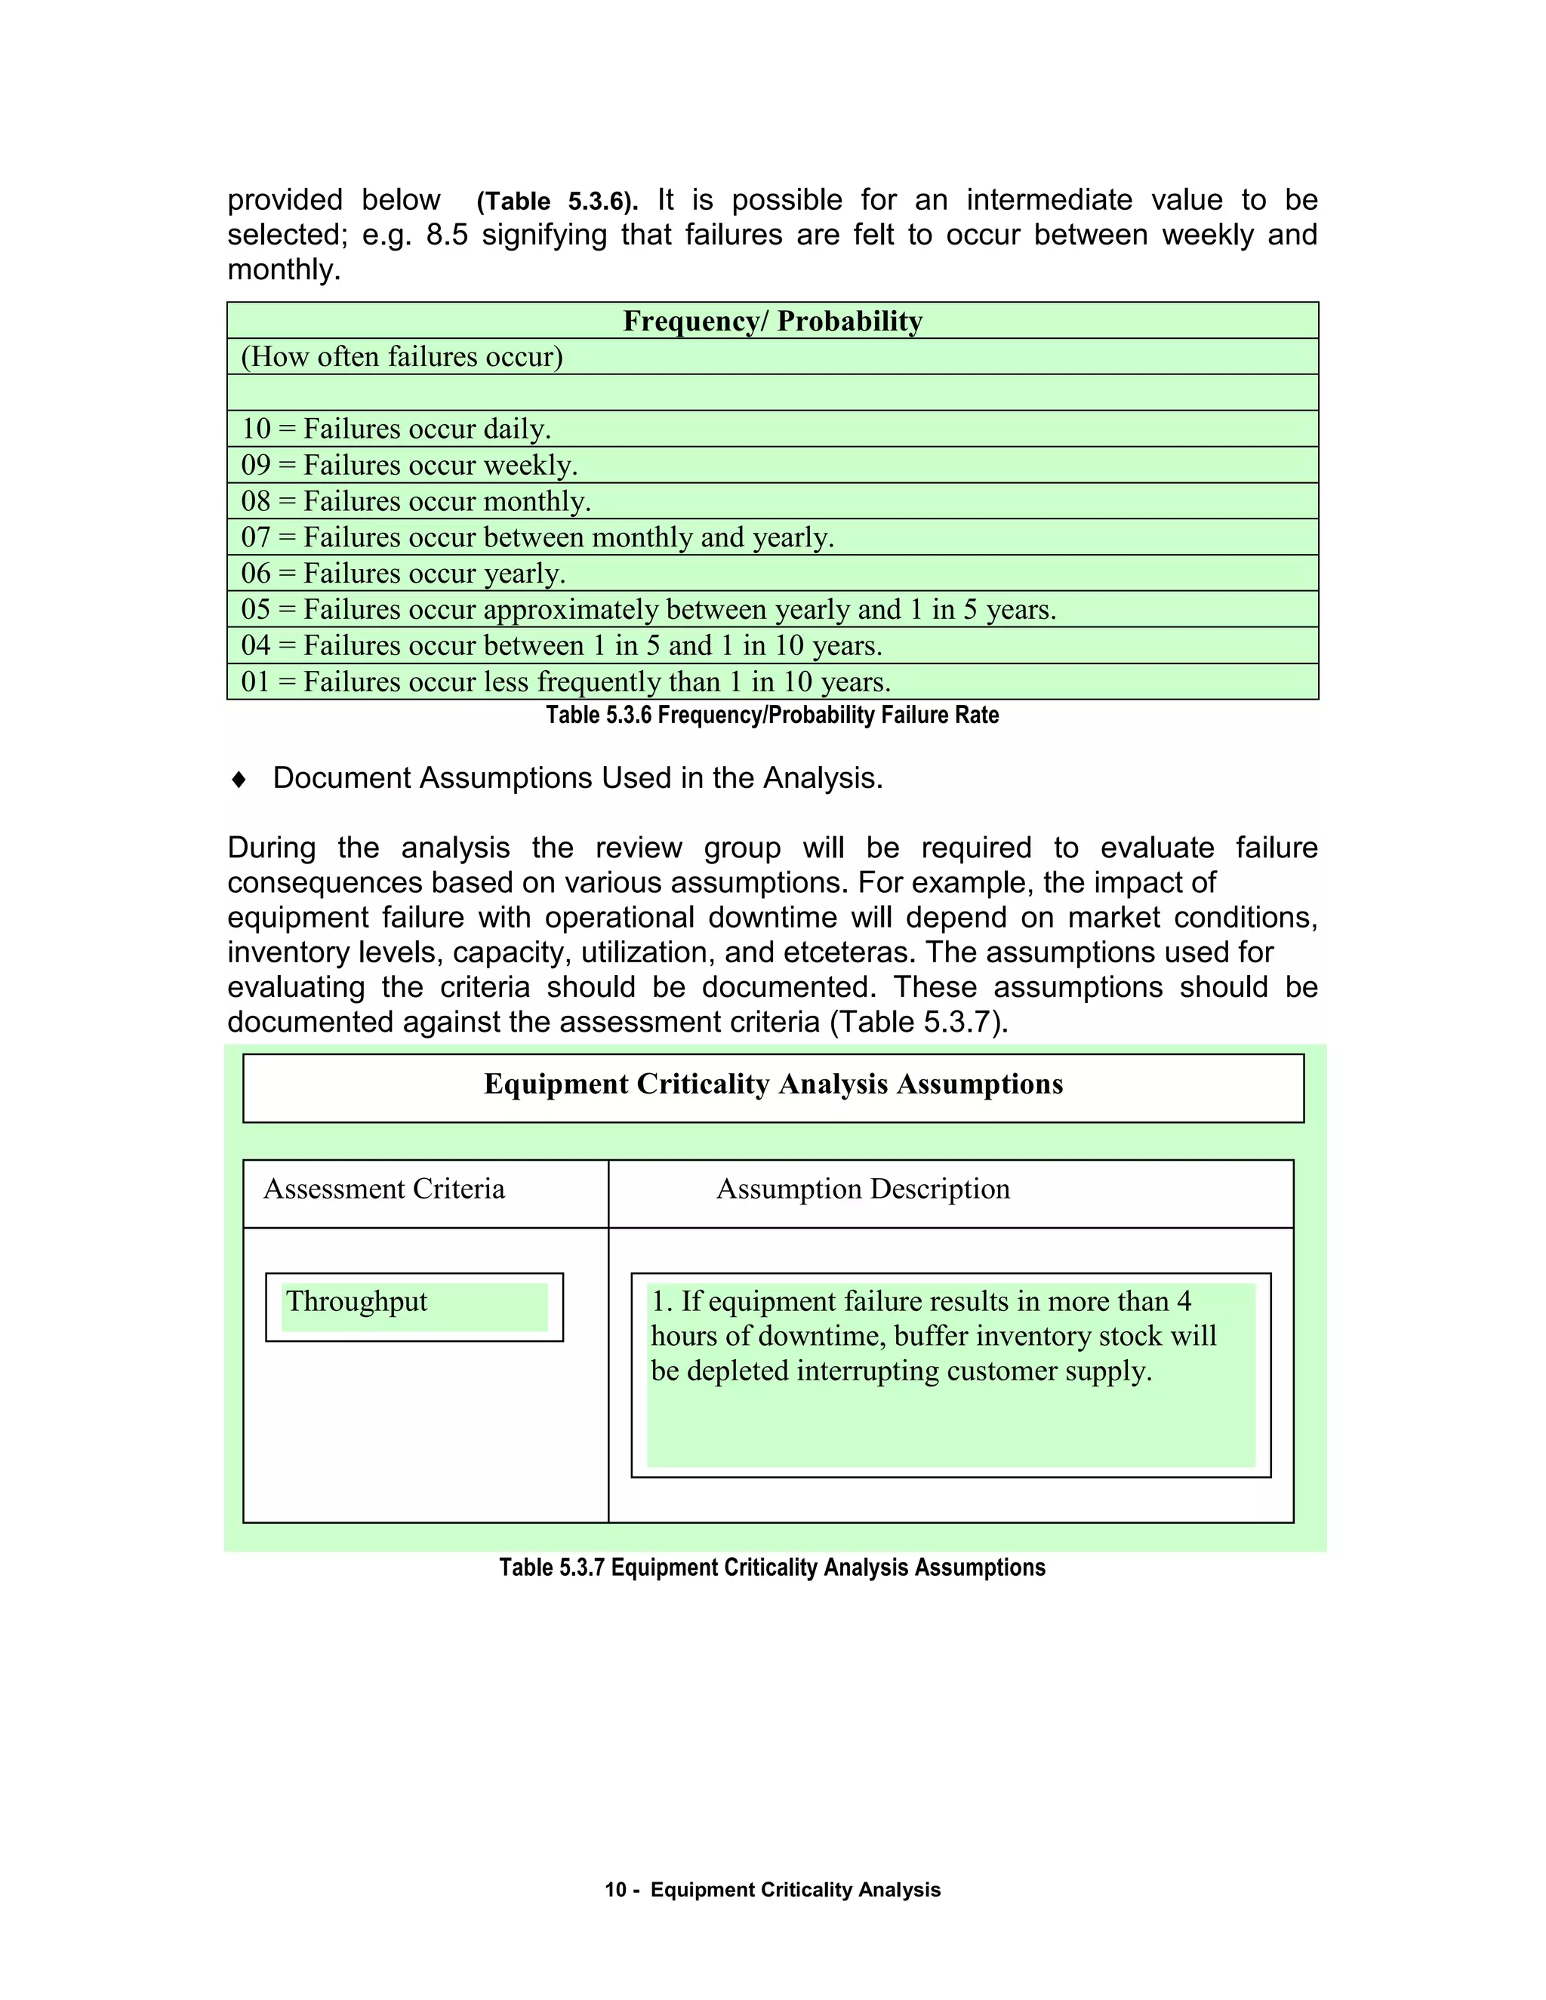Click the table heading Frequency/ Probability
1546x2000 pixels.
pos(772,322)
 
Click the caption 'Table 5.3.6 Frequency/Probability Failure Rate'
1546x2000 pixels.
pos(772,715)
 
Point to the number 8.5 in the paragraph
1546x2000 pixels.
pos(447,235)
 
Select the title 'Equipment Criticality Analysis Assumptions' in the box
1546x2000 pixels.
pos(773,1085)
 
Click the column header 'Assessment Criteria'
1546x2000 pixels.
pos(383,1189)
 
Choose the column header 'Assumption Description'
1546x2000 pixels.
pos(863,1189)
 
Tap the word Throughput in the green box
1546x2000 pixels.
pos(356,1301)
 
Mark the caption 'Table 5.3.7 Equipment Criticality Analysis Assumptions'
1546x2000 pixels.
pos(772,1568)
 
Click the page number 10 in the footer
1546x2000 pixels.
pos(614,1890)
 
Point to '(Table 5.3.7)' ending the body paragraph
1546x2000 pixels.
pos(918,1022)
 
